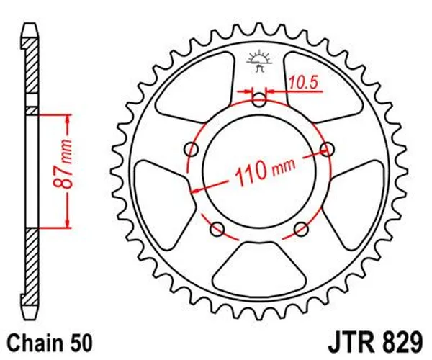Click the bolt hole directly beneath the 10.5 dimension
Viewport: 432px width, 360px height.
coord(259,99)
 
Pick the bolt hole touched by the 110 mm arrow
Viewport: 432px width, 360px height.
coord(328,150)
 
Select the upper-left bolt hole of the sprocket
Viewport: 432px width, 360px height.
coord(192,150)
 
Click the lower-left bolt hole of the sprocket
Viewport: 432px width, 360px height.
coord(217,230)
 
